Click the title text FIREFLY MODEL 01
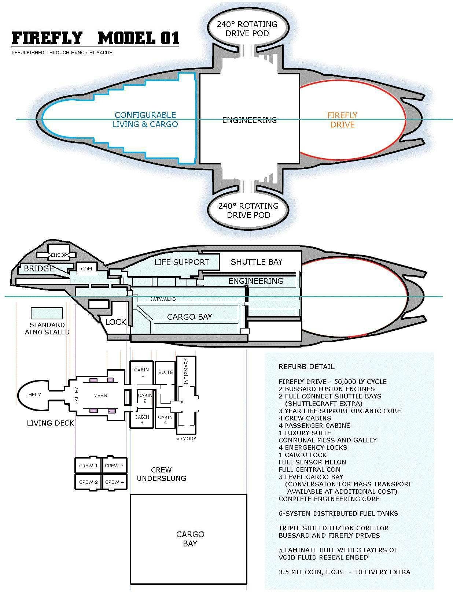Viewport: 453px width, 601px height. (95, 38)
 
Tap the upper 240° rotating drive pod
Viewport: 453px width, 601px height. (248, 29)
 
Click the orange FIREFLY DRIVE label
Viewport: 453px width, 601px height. (342, 120)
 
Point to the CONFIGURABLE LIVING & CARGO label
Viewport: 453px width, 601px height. (145, 120)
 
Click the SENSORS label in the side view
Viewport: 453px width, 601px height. (59, 255)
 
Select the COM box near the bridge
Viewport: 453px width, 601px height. (86, 268)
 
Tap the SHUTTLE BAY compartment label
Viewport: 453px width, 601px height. (257, 262)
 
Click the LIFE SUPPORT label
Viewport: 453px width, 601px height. (181, 262)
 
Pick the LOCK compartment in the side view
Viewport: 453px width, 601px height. (116, 322)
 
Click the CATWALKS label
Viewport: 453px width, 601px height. (163, 299)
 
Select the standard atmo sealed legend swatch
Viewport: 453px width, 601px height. (47, 313)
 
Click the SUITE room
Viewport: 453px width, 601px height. (165, 372)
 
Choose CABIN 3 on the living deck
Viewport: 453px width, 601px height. (141, 419)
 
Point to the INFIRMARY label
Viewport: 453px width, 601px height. (186, 372)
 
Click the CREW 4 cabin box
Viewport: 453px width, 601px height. (114, 482)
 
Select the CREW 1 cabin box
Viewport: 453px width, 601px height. (88, 465)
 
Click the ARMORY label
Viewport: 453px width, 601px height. (186, 439)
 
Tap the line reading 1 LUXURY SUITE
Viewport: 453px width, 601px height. (305, 433)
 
